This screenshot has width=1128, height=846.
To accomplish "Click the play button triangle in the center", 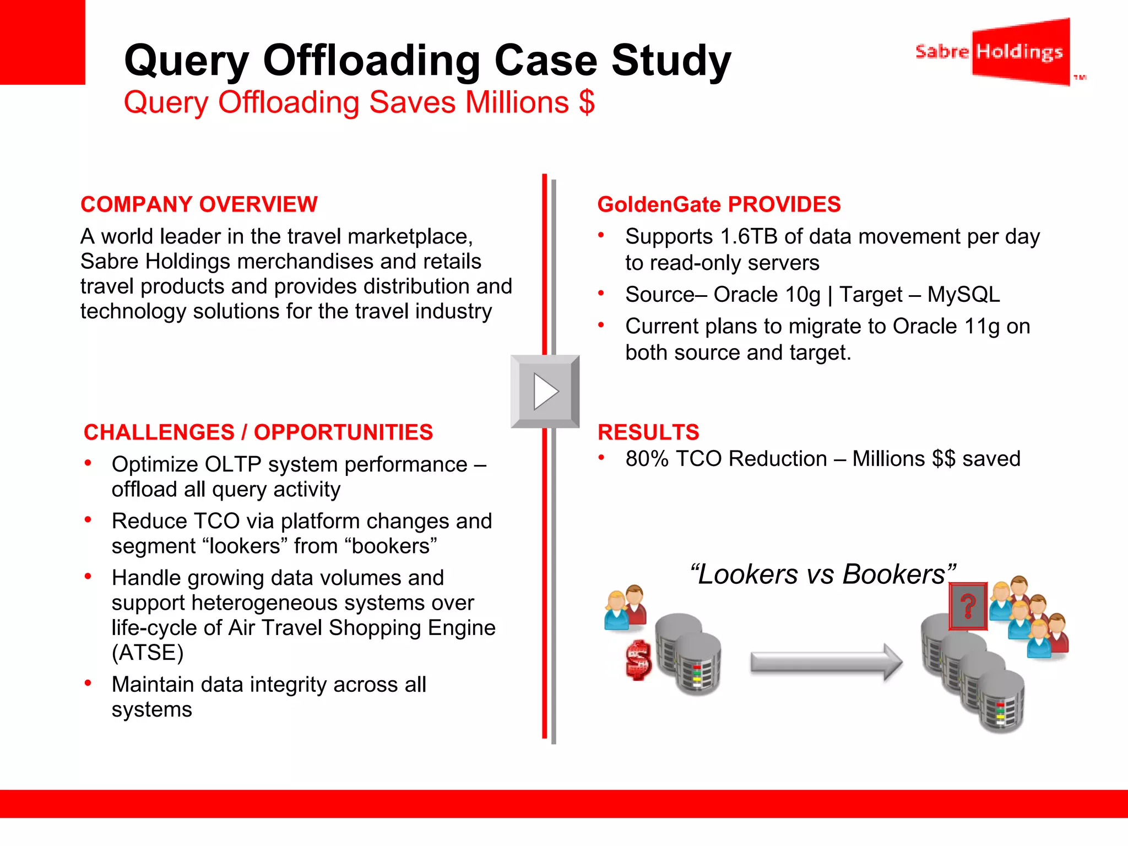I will tap(545, 392).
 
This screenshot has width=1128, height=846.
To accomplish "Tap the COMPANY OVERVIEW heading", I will tap(199, 204).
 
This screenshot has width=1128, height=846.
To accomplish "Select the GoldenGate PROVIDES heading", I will tap(719, 204).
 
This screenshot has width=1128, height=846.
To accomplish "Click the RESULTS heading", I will tap(648, 432).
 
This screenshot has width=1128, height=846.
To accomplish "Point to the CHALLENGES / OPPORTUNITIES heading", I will tap(258, 432).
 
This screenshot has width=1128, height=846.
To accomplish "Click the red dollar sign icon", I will tap(638, 660).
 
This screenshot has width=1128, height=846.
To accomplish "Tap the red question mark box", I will tap(968, 606).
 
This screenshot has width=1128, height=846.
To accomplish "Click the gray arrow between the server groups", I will tap(826, 662).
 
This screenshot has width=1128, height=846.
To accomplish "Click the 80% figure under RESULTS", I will tap(647, 459).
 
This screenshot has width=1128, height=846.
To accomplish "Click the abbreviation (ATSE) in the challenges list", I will tap(148, 653).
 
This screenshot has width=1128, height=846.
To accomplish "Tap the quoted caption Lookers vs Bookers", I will tap(822, 574).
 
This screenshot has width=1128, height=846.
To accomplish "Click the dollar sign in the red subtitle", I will tap(587, 102).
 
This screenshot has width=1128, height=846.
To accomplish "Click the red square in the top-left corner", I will tap(42, 42).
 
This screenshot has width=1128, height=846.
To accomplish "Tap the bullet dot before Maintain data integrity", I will tap(88, 684).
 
